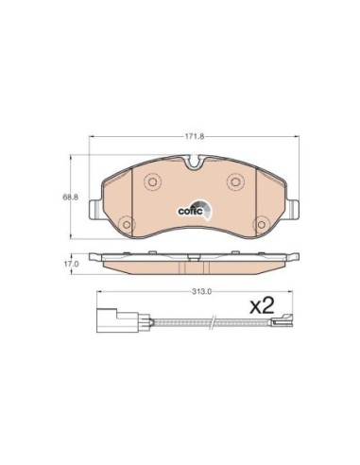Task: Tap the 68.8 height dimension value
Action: (71, 198)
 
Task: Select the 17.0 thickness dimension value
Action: (71, 264)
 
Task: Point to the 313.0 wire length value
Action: (202, 291)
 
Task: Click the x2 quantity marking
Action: (262, 305)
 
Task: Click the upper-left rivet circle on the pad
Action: (152, 181)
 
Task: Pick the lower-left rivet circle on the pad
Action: (127, 224)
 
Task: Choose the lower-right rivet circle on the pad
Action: (262, 224)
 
